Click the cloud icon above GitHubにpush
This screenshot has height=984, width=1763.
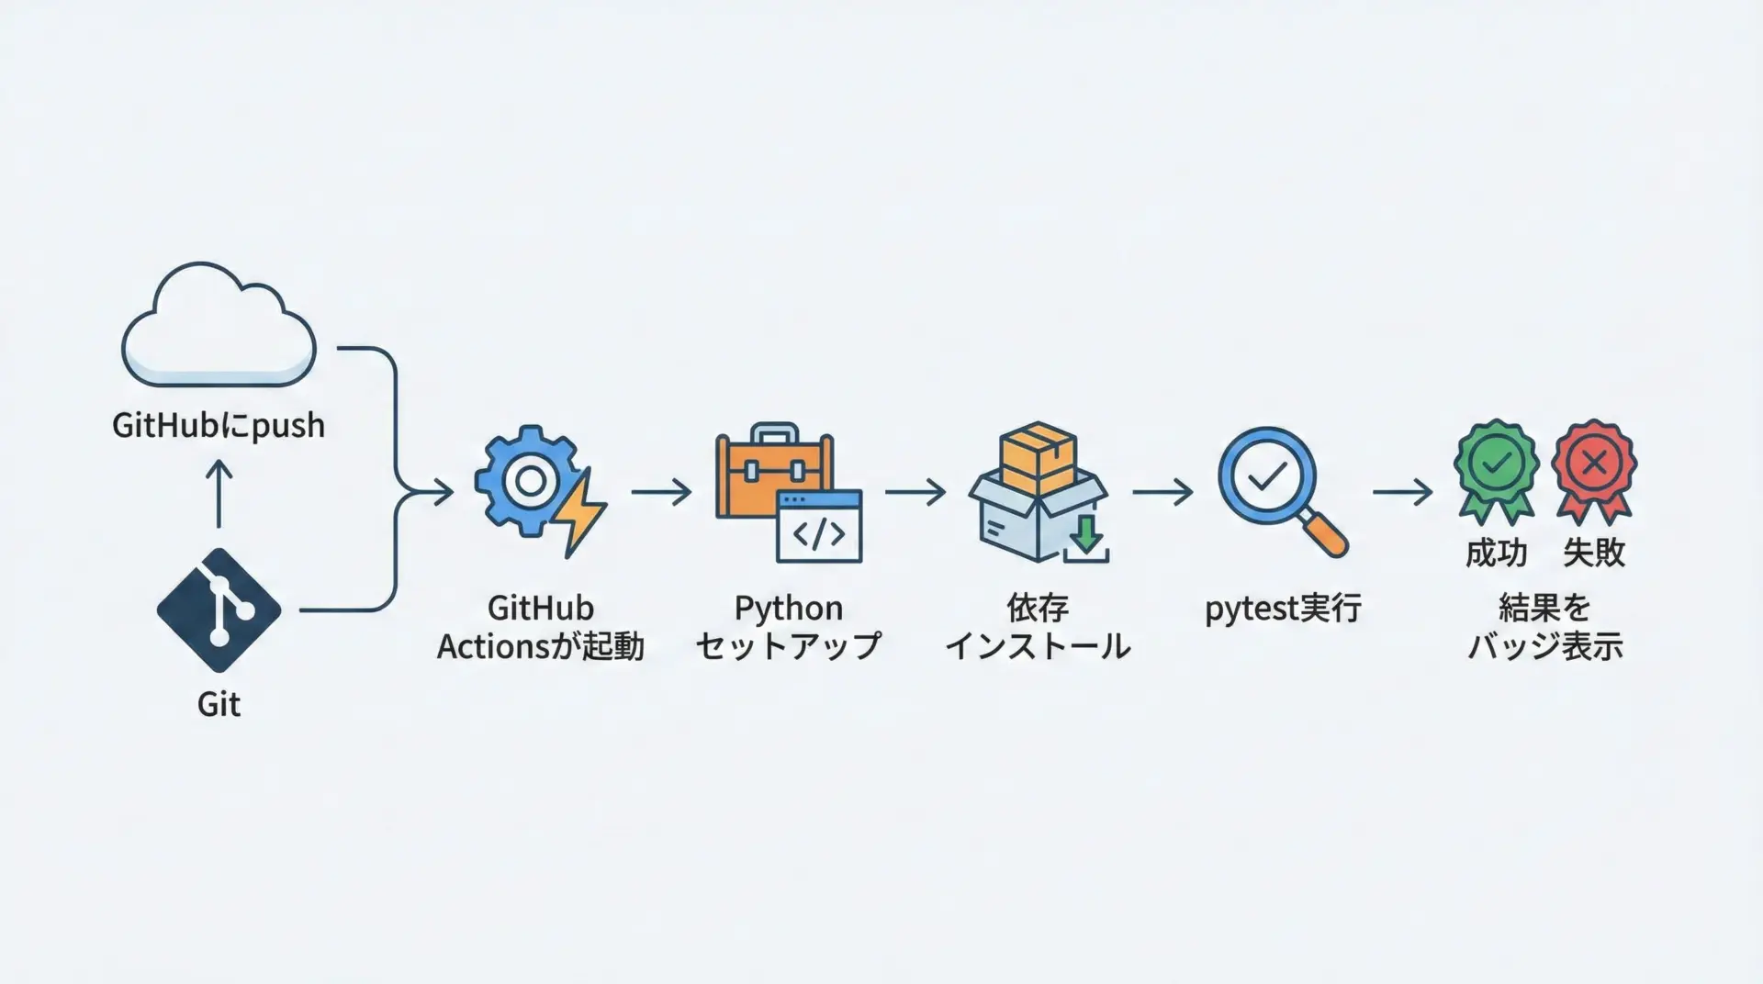tap(219, 326)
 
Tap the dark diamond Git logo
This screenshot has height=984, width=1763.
tap(219, 610)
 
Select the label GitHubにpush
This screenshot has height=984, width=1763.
tap(219, 426)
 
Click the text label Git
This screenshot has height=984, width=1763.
tap(219, 704)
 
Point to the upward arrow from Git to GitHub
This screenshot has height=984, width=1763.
tap(219, 493)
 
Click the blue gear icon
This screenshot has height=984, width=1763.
tap(526, 480)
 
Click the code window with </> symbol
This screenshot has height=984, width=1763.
tap(819, 527)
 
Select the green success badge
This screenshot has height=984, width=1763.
tap(1496, 467)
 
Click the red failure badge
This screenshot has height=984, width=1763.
tap(1593, 467)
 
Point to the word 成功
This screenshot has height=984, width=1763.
tap(1496, 553)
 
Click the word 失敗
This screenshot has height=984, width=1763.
tap(1594, 553)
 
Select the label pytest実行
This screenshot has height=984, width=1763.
tap(1282, 609)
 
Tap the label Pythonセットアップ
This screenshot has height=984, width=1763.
tap(788, 627)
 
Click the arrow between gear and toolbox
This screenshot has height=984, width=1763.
tap(661, 493)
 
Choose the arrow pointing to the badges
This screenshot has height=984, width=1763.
tap(1402, 493)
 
